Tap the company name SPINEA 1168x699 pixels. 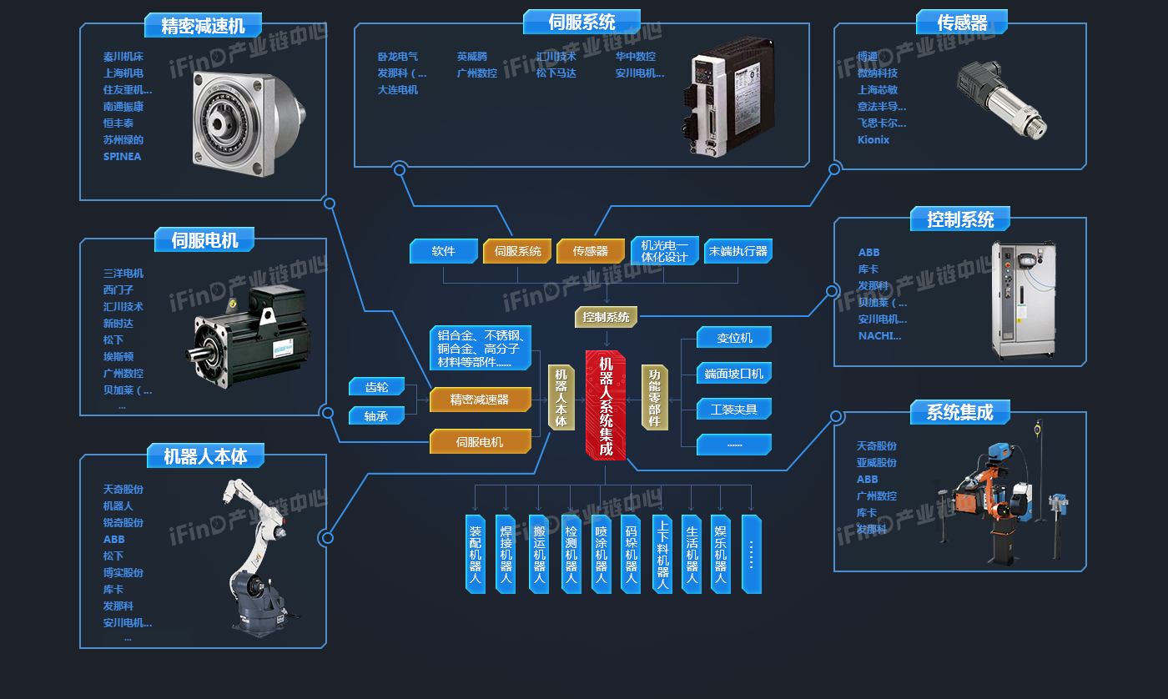click(x=123, y=156)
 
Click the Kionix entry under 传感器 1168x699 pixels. click(x=873, y=139)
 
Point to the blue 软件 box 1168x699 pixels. click(x=443, y=251)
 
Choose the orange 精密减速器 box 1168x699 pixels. click(x=480, y=400)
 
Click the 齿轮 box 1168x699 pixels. click(x=376, y=387)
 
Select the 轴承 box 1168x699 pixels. click(x=376, y=415)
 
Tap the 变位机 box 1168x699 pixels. click(x=734, y=338)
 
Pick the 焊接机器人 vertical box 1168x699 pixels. click(x=506, y=554)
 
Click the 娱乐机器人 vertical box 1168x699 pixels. click(x=721, y=554)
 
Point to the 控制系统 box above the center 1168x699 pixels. click(x=607, y=317)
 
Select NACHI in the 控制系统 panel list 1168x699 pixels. click(x=880, y=336)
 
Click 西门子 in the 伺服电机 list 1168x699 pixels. click(x=118, y=289)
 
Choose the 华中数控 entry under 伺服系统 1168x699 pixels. click(x=636, y=57)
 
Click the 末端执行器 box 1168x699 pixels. click(x=738, y=251)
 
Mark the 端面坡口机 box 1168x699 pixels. click(x=734, y=373)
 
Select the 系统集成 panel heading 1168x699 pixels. click(x=959, y=412)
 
